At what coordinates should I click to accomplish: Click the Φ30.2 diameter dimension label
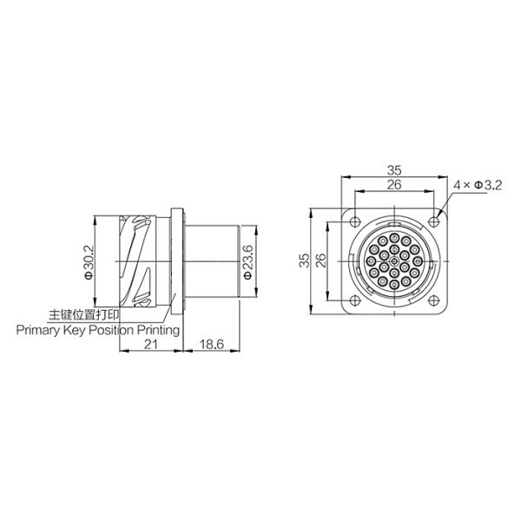pos(89,260)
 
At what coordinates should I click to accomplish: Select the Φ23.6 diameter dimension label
pos(247,260)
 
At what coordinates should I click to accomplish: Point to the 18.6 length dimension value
pos(210,345)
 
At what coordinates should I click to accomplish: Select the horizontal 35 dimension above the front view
pos(393,170)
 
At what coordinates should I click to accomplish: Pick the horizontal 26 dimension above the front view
pos(393,186)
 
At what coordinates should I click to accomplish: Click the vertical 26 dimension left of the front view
pos(320,260)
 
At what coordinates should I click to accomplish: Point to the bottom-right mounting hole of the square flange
pos(435,300)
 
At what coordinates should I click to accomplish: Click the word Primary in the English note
pos(36,331)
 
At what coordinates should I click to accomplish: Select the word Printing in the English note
pos(158,331)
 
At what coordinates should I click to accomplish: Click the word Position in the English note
pos(111,331)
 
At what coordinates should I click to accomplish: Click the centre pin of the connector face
pos(393,260)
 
